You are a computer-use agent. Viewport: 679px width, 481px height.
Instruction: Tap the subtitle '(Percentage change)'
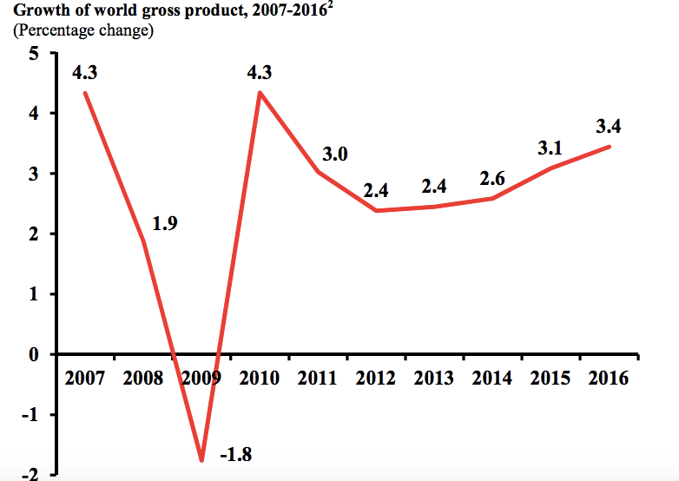(83, 30)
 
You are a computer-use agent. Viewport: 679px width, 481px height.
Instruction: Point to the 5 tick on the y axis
(34, 53)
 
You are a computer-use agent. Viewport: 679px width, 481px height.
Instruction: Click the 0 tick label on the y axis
(34, 354)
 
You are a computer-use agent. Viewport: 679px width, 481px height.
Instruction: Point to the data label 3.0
(334, 155)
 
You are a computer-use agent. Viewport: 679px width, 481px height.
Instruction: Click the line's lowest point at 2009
(201, 460)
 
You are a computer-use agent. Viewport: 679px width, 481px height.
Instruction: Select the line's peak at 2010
(260, 92)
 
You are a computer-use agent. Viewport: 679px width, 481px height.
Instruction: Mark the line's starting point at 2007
(84, 92)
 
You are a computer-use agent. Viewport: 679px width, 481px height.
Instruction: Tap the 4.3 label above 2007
(84, 73)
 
